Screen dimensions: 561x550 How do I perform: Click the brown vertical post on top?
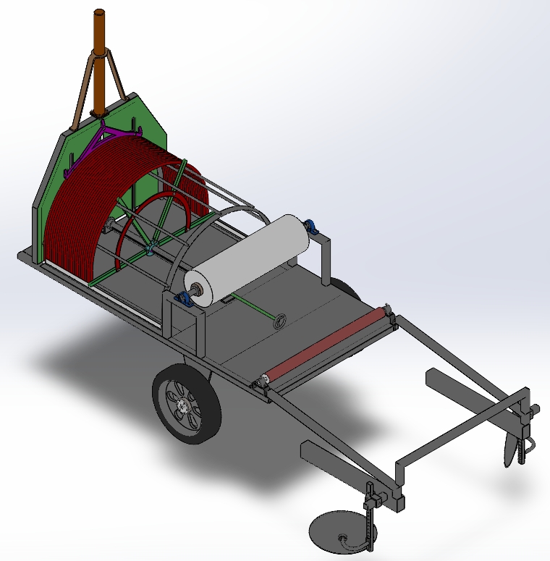click(x=101, y=43)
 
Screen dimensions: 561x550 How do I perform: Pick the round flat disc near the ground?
click(x=337, y=532)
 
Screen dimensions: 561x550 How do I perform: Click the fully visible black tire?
click(x=187, y=402)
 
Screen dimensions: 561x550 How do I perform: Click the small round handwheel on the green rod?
click(x=279, y=321)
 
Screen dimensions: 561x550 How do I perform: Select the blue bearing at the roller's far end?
click(x=312, y=227)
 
